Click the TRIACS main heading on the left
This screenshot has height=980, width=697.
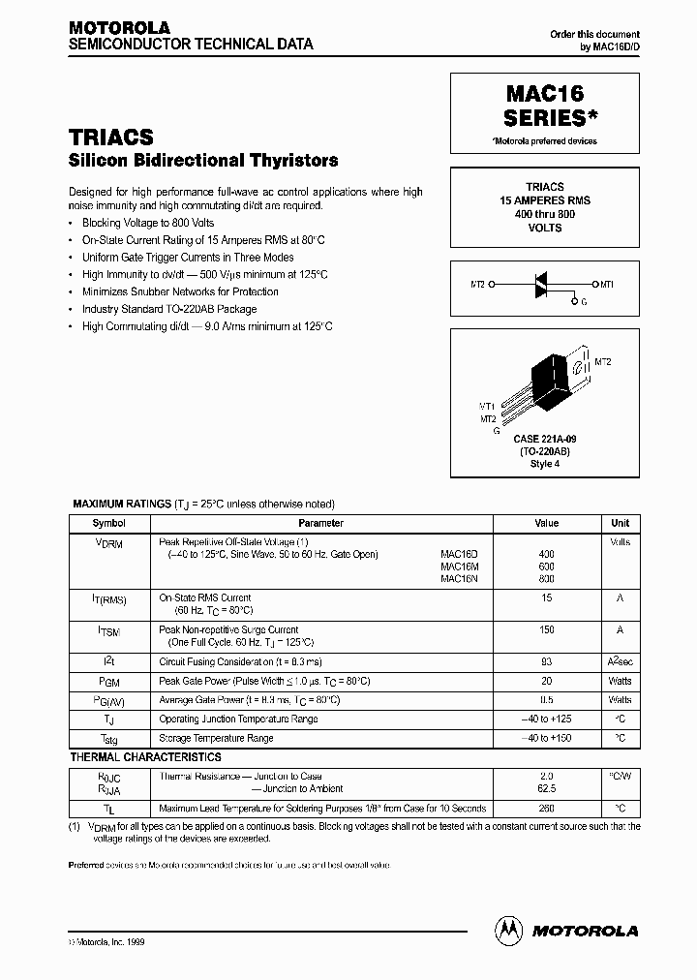(111, 138)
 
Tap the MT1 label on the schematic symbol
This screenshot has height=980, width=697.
(607, 284)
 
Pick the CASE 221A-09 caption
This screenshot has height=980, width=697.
(545, 441)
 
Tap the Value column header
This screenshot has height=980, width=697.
(546, 523)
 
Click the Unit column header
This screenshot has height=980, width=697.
(620, 523)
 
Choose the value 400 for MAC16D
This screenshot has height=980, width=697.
(546, 554)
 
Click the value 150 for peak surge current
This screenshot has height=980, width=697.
(546, 630)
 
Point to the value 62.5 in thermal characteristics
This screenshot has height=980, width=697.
(546, 789)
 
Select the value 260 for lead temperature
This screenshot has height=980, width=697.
(546, 809)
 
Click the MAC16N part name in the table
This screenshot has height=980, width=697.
(457, 578)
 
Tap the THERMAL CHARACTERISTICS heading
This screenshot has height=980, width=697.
(145, 757)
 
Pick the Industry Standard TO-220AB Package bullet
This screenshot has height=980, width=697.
(169, 309)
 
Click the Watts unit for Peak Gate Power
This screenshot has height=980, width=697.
(620, 681)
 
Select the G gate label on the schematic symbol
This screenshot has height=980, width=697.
(584, 302)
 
